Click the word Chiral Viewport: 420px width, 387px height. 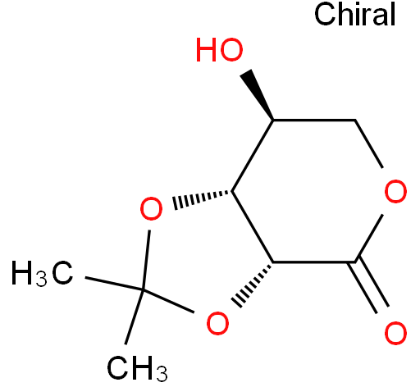(x=355, y=14)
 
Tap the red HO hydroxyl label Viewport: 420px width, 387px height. (x=220, y=50)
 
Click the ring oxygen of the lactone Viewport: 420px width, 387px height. (x=395, y=191)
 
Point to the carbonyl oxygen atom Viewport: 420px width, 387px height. (x=395, y=334)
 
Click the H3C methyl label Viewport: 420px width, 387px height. (x=43, y=273)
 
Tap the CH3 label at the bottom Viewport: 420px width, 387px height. (x=137, y=368)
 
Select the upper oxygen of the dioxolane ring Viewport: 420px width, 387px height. (x=151, y=208)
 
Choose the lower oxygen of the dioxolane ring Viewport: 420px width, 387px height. (x=217, y=323)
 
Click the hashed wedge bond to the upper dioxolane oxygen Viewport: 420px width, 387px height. (x=202, y=198)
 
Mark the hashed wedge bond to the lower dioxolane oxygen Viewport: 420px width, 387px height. (x=253, y=285)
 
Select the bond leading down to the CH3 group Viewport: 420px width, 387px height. (x=135, y=317)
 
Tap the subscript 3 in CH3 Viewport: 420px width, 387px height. (x=162, y=374)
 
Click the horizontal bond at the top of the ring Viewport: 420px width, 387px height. (x=314, y=120)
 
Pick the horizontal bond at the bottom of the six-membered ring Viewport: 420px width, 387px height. (x=314, y=262)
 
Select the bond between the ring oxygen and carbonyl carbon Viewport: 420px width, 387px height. (x=368, y=239)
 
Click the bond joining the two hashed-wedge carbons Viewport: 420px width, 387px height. (x=253, y=226)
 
